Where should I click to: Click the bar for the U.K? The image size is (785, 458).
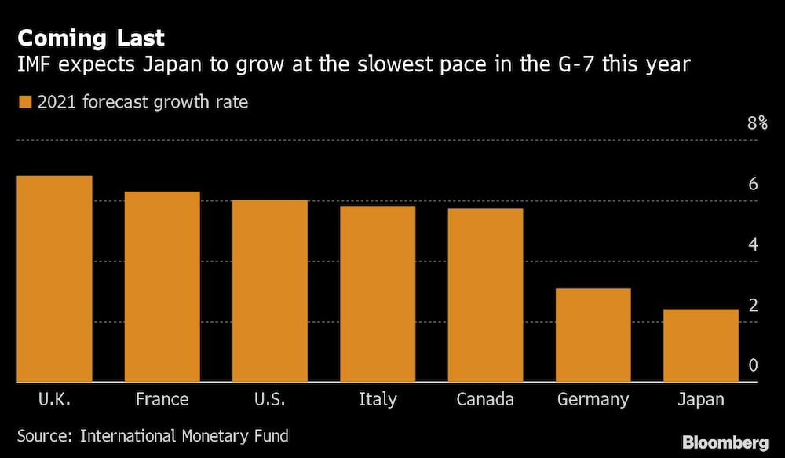tap(54, 279)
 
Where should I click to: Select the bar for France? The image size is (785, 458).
tap(162, 287)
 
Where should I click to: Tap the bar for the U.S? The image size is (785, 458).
tap(269, 291)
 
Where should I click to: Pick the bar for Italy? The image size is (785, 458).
tap(378, 294)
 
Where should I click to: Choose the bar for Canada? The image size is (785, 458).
tap(485, 295)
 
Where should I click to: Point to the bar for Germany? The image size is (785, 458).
tap(593, 335)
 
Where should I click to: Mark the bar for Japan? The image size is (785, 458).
tap(700, 346)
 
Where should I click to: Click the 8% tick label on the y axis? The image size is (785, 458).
tap(757, 123)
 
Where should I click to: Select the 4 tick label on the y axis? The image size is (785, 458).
tap(753, 244)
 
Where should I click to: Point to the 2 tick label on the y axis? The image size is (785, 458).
tap(753, 305)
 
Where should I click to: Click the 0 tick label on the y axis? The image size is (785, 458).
tap(753, 365)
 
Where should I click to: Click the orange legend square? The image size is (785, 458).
tap(24, 102)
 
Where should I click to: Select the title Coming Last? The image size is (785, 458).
tap(91, 38)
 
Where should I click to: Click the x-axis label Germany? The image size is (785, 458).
tap(593, 399)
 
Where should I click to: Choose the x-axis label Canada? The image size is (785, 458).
tap(485, 399)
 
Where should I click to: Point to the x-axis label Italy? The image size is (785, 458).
tap(378, 399)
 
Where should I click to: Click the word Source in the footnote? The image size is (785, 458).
tap(44, 435)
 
